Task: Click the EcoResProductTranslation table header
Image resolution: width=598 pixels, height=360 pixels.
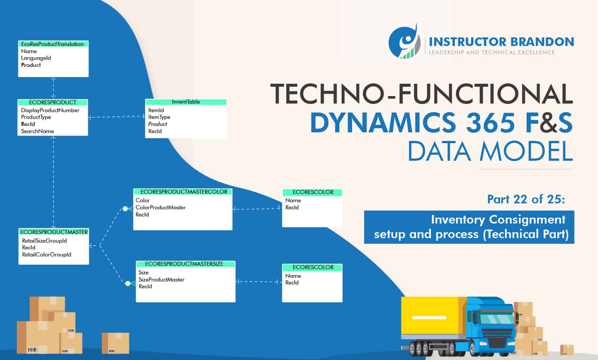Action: (53, 44)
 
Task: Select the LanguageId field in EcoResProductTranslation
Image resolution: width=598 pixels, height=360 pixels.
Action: (36, 58)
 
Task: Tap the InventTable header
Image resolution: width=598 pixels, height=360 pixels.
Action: (186, 102)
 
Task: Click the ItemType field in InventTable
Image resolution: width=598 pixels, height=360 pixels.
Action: (159, 117)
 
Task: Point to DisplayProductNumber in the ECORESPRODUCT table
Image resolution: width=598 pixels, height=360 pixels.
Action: (50, 110)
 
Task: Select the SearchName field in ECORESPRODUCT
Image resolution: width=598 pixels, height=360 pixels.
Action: (37, 131)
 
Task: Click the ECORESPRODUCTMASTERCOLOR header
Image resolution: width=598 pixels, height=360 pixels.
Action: (184, 192)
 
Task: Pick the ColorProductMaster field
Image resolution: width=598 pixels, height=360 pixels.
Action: (161, 207)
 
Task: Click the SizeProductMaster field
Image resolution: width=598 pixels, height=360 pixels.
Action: (161, 280)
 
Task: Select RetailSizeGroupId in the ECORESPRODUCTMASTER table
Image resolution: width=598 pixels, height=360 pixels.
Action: (44, 241)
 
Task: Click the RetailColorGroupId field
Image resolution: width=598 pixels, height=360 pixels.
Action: (46, 255)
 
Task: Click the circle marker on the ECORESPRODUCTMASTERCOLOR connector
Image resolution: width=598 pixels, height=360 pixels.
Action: (125, 209)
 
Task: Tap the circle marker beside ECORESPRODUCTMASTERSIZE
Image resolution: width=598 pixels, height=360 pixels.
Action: (128, 283)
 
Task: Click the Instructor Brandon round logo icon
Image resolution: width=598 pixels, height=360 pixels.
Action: (404, 42)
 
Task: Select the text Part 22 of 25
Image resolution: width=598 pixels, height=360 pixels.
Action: (526, 199)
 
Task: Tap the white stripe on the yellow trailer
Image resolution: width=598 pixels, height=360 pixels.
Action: (429, 318)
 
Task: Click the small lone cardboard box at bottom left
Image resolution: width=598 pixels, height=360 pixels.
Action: (115, 343)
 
